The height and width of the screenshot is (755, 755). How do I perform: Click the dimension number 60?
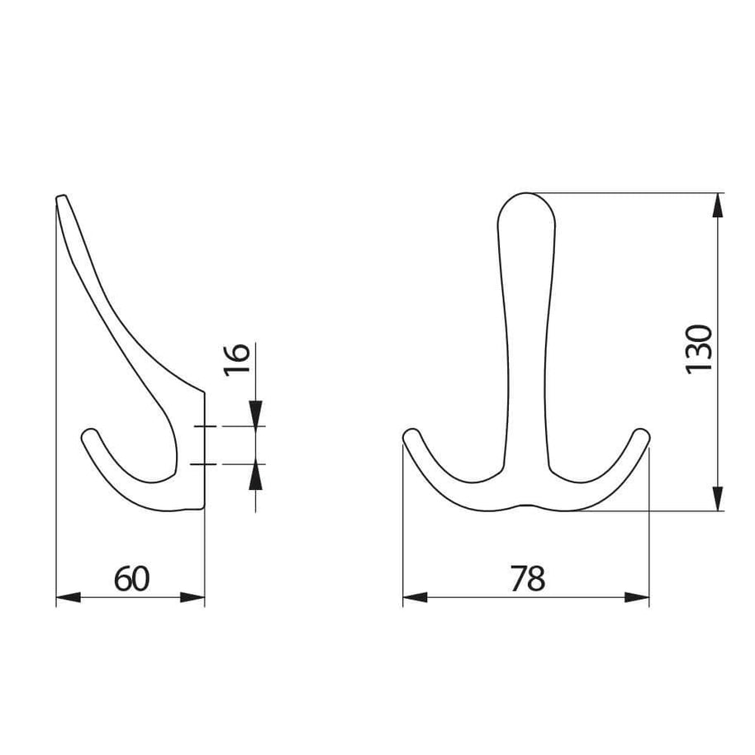[131, 579]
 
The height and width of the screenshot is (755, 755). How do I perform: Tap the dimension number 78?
[528, 579]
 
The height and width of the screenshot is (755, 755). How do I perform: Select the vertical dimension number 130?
[699, 349]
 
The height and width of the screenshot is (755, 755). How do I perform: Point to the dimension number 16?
[237, 359]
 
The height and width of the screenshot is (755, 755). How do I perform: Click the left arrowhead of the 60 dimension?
[69, 597]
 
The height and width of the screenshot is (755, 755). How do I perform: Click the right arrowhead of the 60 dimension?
[192, 597]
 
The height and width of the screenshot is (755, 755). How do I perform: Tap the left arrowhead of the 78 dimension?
[415, 597]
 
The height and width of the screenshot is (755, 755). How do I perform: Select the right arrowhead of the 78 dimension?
[637, 597]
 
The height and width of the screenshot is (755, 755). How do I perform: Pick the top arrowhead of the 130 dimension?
[718, 205]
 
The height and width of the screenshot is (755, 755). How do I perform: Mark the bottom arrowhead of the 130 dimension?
[718, 498]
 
